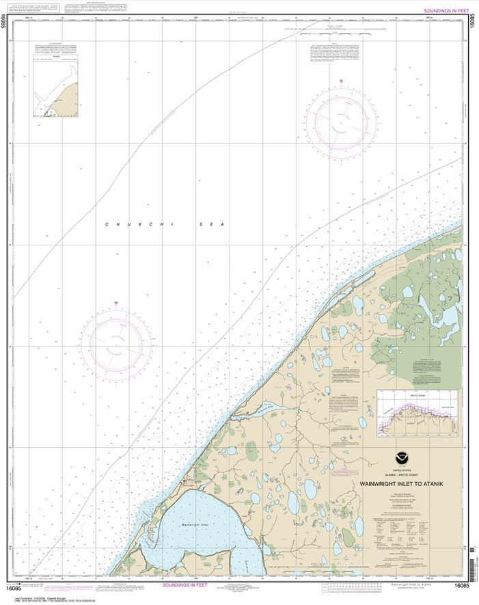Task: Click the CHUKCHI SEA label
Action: [165, 224]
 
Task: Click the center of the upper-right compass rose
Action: [340, 122]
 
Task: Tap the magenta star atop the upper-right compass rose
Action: [340, 82]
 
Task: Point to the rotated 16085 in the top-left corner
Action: [6, 24]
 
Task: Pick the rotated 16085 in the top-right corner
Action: [473, 24]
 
